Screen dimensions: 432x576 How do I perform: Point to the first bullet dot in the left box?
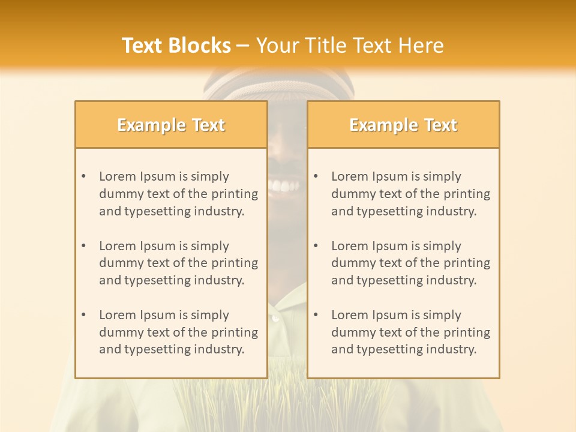click(83, 176)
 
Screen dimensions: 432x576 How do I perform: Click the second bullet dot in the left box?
click(83, 246)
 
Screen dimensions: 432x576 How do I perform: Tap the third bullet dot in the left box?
click(83, 315)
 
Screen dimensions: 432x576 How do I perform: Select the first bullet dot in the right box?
click(316, 176)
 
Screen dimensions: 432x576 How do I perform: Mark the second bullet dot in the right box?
click(316, 246)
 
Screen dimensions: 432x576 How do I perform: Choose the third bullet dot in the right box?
click(316, 315)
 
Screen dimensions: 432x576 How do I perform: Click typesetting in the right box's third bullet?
click(390, 349)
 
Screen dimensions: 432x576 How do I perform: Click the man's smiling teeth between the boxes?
click(284, 186)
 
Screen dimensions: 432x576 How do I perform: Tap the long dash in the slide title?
click(243, 46)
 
